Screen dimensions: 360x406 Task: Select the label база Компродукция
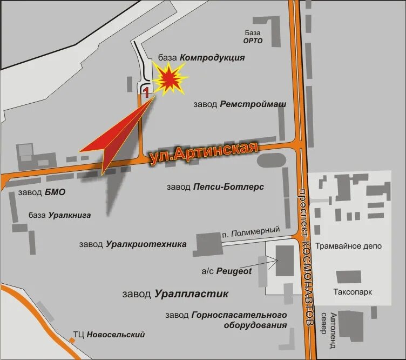point(201,58)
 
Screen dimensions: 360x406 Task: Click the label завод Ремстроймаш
point(240,104)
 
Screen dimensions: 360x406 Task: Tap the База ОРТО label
point(253,36)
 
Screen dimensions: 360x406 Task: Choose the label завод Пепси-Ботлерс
point(215,186)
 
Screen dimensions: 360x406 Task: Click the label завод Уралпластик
point(175,294)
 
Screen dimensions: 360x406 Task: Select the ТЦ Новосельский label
point(109,335)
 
